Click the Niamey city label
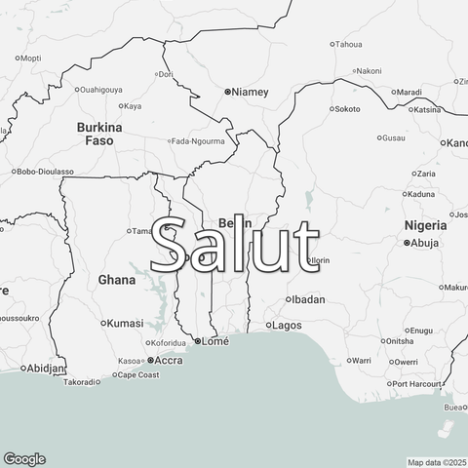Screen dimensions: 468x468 (250, 92)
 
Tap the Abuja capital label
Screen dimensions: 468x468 (425, 243)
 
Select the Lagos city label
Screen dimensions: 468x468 (288, 325)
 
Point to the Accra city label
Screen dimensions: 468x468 (170, 360)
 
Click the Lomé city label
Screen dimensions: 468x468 (214, 342)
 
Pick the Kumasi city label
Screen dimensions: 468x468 (125, 323)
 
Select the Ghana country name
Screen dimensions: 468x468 (117, 280)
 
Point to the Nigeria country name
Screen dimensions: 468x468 (425, 225)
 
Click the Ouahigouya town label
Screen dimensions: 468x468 (101, 90)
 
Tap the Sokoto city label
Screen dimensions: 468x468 (347, 109)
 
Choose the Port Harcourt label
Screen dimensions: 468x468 (417, 383)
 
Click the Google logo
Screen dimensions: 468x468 (24, 459)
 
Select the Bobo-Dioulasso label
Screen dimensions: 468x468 (43, 171)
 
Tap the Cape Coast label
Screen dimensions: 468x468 (138, 374)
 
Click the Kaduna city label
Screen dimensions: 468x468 (419, 193)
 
